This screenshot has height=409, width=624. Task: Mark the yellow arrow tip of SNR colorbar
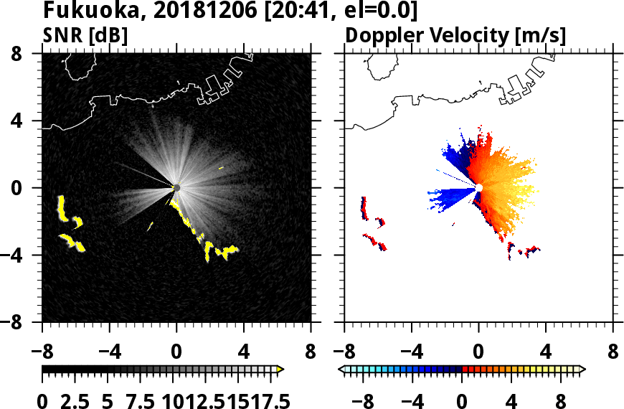click(x=280, y=370)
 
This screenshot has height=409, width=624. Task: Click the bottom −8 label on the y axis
click(x=19, y=322)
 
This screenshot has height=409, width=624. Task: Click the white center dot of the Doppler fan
click(x=479, y=187)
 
